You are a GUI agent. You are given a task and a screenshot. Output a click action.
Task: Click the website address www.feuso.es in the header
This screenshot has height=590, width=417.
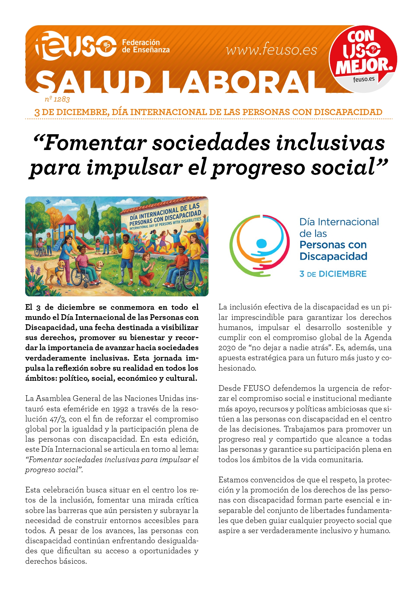pyautogui.click(x=272, y=50)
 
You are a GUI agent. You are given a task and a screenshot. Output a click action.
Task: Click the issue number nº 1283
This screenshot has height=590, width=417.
pyautogui.click(x=57, y=99)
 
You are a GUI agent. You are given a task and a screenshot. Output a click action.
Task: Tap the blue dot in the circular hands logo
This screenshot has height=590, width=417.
pyautogui.click(x=261, y=243)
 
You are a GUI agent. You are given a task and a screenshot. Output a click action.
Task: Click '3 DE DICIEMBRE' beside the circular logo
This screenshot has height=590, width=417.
pyautogui.click(x=333, y=274)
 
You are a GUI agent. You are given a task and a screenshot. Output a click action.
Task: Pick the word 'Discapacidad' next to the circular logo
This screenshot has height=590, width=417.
pyautogui.click(x=333, y=256)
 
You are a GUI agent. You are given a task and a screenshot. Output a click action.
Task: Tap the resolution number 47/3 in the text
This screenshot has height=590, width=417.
pyautogui.click(x=58, y=419)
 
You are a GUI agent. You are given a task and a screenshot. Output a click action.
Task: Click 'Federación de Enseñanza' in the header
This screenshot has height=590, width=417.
pyautogui.click(x=145, y=46)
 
